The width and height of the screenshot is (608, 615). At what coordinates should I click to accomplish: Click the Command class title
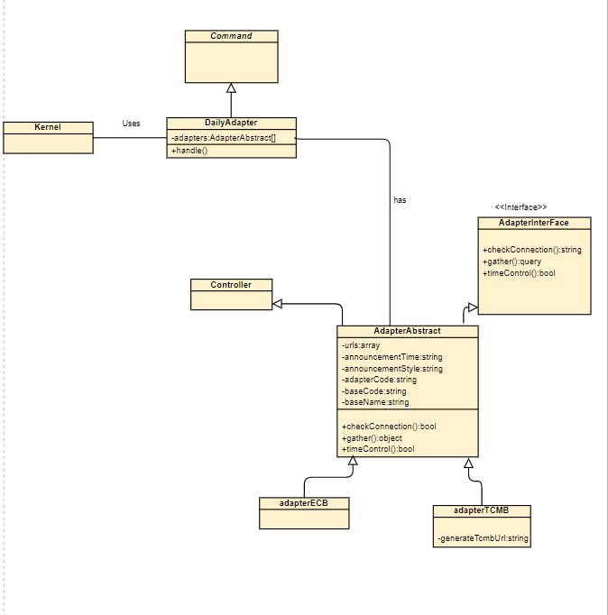(231, 36)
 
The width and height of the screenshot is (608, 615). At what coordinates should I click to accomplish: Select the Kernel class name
(48, 128)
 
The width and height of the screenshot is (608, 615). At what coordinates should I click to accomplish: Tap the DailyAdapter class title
(231, 123)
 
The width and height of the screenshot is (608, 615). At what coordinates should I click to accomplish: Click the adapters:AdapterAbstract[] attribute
(224, 137)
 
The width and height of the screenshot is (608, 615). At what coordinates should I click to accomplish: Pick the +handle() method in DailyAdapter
(189, 151)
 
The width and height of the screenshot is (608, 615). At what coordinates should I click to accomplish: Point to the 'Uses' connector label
(131, 124)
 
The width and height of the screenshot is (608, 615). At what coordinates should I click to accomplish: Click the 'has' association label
(400, 200)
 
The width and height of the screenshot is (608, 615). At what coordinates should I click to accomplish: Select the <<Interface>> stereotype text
(520, 207)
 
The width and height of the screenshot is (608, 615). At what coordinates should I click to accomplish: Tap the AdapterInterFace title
(533, 222)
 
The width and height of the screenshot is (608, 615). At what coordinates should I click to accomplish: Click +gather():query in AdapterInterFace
(511, 262)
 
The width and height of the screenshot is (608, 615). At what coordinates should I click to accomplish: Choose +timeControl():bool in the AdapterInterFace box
(519, 272)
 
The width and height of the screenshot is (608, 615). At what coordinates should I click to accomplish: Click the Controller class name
(231, 285)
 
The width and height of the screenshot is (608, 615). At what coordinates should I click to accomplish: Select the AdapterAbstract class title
(407, 331)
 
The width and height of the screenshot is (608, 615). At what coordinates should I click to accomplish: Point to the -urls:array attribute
(361, 345)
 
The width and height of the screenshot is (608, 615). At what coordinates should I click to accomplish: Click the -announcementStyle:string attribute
(392, 369)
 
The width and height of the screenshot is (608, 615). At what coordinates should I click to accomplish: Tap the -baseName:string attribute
(375, 402)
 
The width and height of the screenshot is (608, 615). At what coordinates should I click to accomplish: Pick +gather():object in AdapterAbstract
(373, 437)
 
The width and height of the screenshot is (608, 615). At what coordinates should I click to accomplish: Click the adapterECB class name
(303, 502)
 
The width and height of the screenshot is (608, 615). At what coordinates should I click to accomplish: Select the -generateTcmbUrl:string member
(483, 539)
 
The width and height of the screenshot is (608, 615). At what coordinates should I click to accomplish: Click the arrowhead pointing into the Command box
(231, 88)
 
